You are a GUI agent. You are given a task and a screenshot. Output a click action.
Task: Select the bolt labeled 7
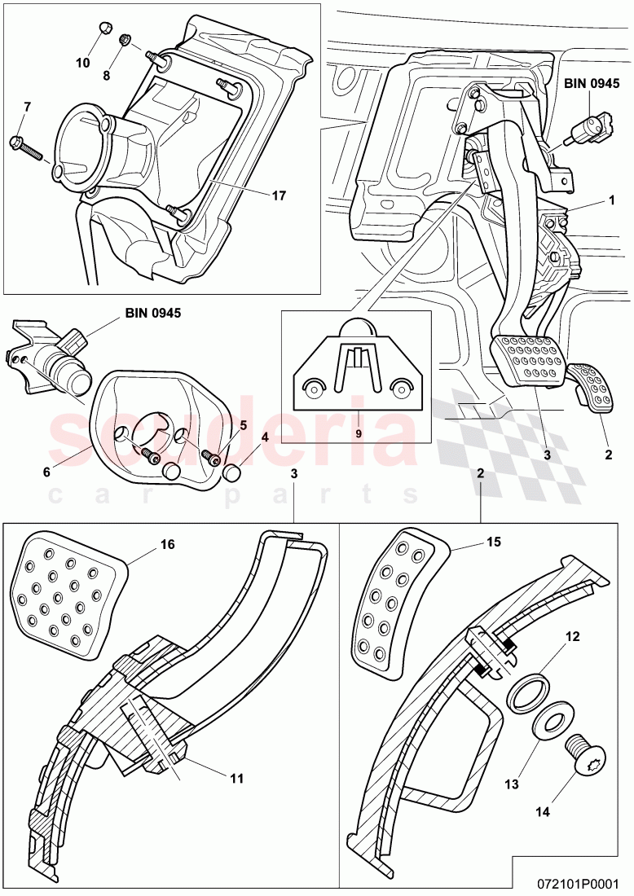25,147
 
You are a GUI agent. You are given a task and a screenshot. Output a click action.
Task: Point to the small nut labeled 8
125,39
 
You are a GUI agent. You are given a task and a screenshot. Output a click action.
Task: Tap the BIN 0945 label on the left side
154,313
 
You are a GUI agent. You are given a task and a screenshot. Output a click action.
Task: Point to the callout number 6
47,471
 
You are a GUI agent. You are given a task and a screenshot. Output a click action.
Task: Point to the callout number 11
237,779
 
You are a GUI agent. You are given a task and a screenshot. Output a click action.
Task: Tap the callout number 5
243,424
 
